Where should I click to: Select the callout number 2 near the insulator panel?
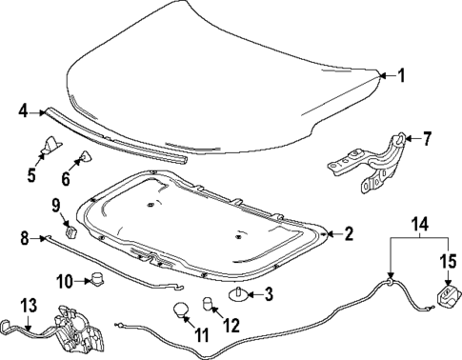pyautogui.click(x=349, y=232)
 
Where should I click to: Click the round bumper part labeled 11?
pyautogui.click(x=178, y=310)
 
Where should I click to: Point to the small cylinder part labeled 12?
pyautogui.click(x=207, y=306)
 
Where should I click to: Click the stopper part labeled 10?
pyautogui.click(x=97, y=278)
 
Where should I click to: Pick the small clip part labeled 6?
pyautogui.click(x=83, y=158)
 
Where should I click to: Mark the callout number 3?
pyautogui.click(x=270, y=292)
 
